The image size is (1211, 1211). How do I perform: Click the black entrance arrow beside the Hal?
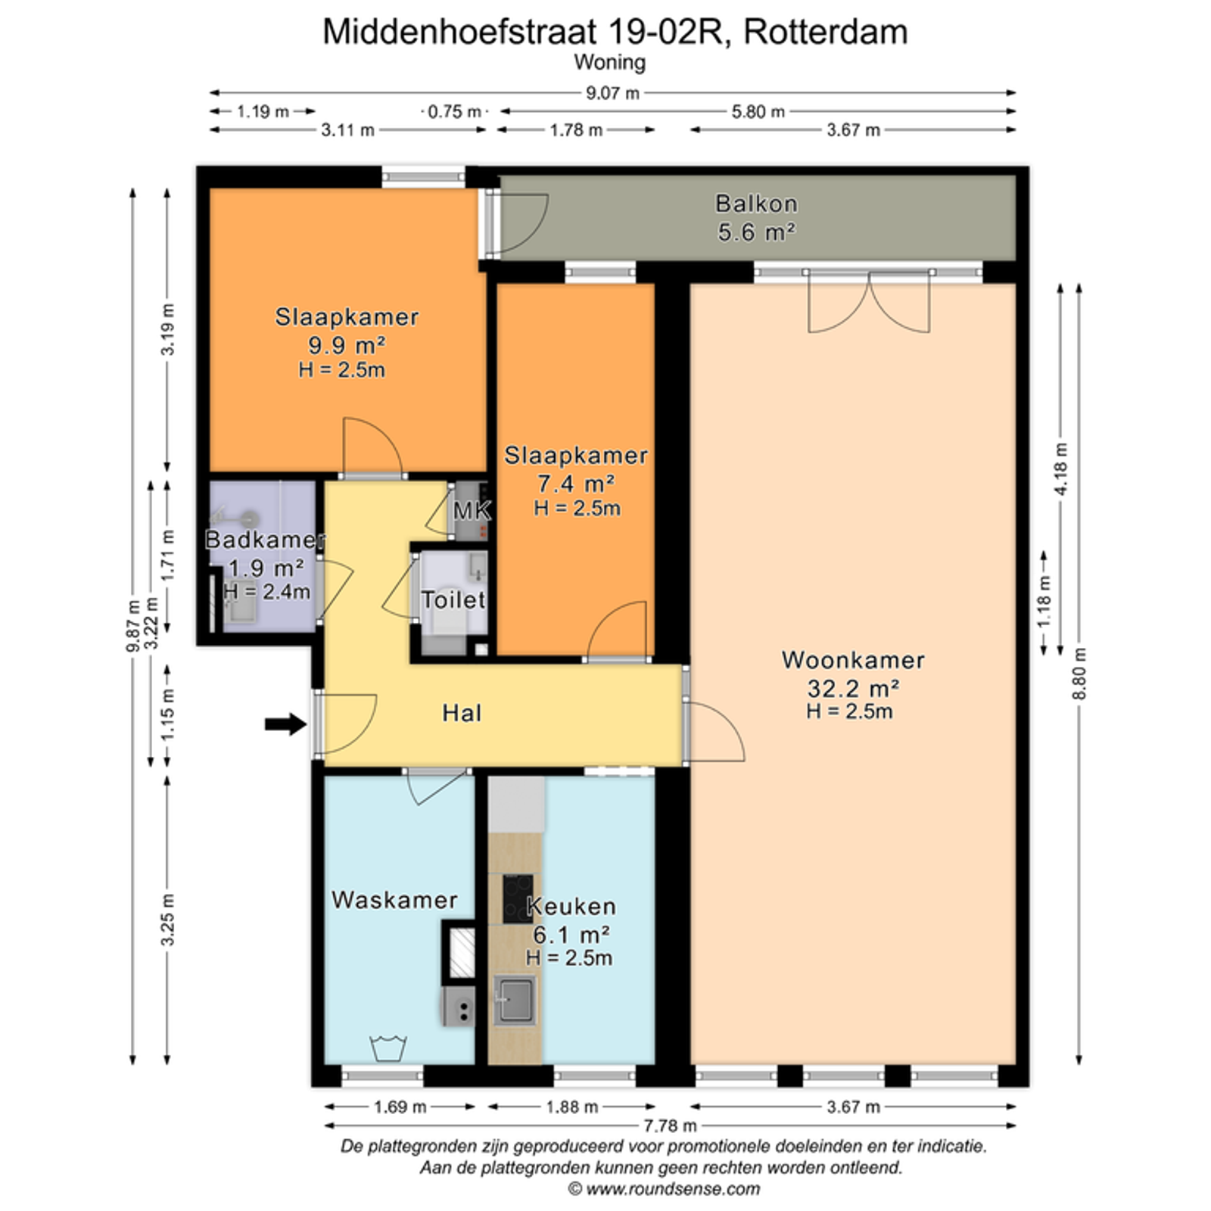click(285, 724)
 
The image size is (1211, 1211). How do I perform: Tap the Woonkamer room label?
click(853, 660)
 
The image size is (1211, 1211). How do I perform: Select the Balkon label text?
click(756, 204)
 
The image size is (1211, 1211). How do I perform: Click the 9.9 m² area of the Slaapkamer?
click(347, 345)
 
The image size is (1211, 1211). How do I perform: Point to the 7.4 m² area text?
click(576, 482)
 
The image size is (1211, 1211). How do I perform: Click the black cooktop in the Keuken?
click(517, 898)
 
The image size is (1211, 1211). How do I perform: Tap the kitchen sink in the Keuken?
click(515, 1000)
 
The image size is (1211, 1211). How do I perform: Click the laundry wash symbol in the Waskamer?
click(388, 1048)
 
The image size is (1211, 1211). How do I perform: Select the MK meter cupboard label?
click(472, 511)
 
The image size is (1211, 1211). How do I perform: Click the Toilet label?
click(453, 599)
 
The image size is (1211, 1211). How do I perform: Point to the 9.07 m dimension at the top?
click(612, 93)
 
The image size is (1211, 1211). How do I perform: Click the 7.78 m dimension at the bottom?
click(670, 1126)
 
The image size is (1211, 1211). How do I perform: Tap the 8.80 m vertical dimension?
click(1079, 674)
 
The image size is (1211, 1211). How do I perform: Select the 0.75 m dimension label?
click(454, 112)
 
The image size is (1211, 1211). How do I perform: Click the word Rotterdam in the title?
click(826, 32)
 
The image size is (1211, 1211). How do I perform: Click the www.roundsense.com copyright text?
click(664, 1189)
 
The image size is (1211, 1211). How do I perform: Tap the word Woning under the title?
click(609, 62)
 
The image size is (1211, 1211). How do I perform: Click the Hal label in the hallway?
click(462, 713)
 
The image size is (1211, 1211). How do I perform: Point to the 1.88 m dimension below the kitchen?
click(572, 1107)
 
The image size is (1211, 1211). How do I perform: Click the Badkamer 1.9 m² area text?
click(266, 568)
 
